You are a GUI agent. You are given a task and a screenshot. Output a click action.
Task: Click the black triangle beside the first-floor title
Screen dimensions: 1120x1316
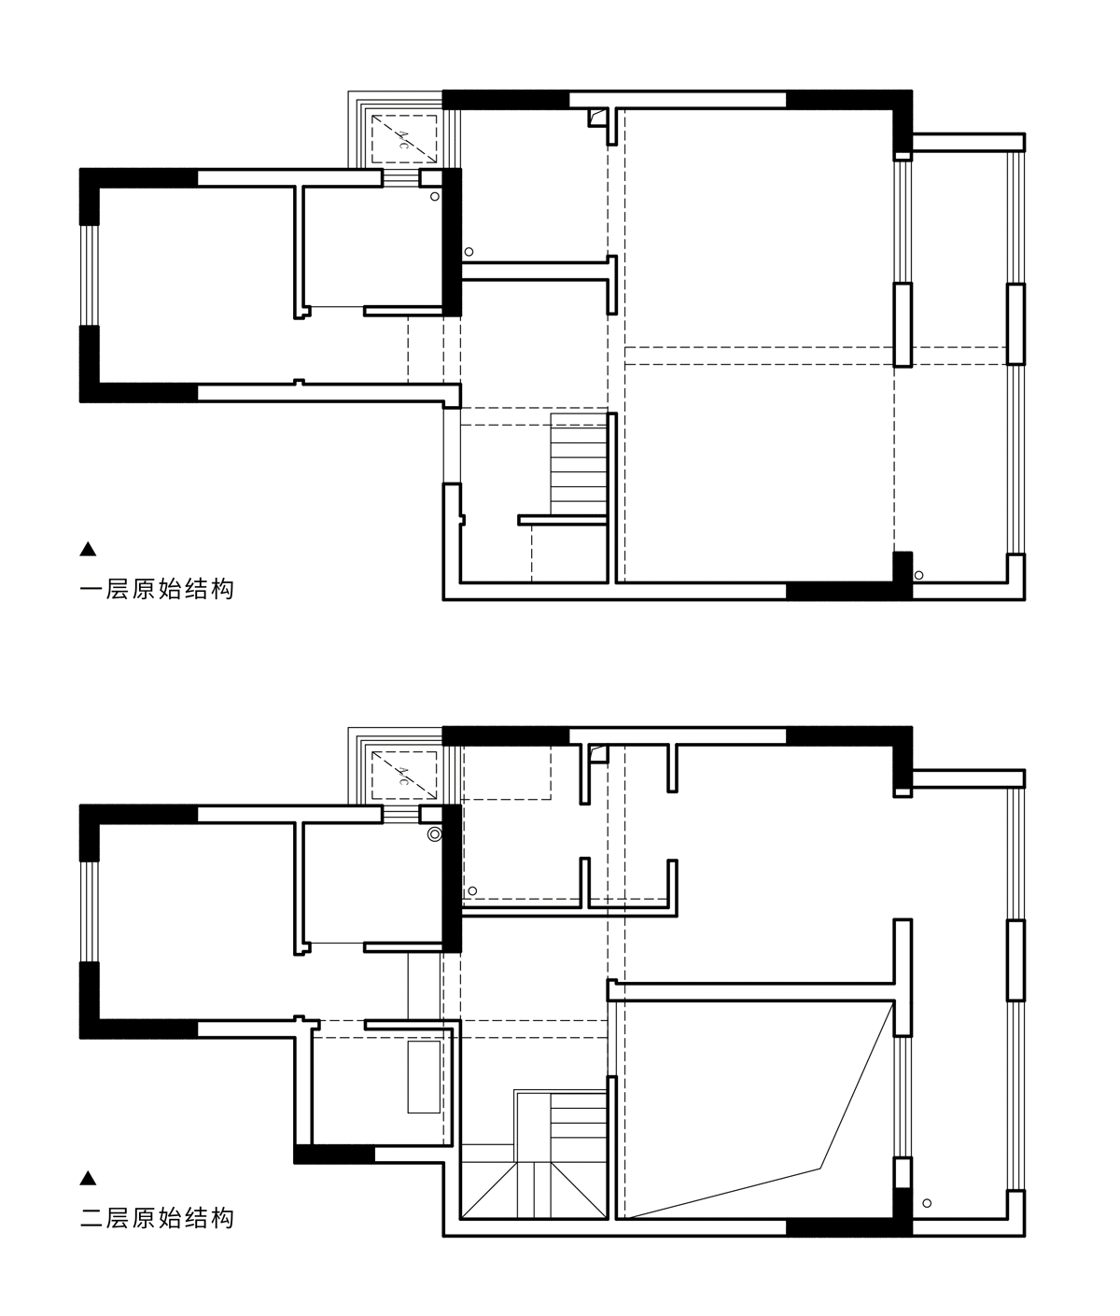(88, 549)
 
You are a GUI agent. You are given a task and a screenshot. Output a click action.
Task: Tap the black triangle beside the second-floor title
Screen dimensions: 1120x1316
(88, 1179)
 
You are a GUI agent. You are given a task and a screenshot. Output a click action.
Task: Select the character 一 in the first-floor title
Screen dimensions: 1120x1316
(91, 590)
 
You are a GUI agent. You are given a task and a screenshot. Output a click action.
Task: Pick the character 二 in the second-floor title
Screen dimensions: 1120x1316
(91, 1218)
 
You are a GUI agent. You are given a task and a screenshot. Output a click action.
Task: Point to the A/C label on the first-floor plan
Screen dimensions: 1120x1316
(403, 139)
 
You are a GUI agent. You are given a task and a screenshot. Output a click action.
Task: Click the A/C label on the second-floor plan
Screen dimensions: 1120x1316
(403, 776)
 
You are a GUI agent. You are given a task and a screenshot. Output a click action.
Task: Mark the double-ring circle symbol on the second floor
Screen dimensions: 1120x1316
(434, 834)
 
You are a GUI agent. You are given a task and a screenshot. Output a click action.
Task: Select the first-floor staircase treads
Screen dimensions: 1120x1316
(579, 464)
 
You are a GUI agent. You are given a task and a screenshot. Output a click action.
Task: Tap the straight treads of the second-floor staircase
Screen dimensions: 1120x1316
(579, 1125)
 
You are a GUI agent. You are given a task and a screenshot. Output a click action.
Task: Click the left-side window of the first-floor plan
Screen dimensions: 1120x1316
(90, 275)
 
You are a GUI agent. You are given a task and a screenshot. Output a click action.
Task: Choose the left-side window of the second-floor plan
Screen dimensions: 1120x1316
(90, 912)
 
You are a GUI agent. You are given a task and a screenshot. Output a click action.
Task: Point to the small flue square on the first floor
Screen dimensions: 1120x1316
(597, 118)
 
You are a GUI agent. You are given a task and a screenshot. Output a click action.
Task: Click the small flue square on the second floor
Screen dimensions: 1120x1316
(599, 754)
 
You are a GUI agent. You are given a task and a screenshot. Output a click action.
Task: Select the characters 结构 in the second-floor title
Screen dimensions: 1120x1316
(209, 1218)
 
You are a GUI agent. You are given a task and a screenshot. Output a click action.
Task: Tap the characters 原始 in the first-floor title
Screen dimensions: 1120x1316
(157, 590)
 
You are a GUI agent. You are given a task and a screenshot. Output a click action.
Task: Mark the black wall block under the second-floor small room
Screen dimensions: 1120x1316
(334, 1155)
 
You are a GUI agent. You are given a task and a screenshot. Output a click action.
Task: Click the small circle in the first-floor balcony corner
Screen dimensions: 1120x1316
(918, 576)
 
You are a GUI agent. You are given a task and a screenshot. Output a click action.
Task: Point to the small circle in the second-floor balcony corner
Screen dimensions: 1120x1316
(927, 1203)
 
